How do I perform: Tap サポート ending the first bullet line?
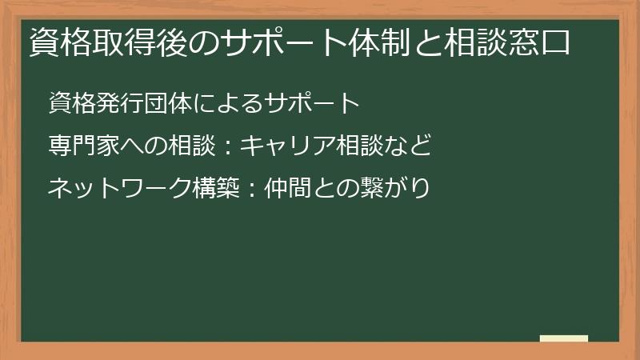[x=305, y=104]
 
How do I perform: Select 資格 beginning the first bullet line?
[x=73, y=104]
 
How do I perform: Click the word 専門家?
[x=85, y=146]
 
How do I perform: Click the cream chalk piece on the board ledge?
[x=564, y=338]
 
